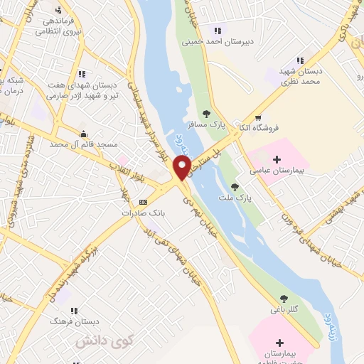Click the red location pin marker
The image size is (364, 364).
(182, 168)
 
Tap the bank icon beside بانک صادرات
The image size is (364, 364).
(142, 202)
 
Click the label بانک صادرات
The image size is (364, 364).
(143, 213)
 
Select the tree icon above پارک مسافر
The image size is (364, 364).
(206, 113)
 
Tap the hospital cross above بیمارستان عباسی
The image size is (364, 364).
(277, 159)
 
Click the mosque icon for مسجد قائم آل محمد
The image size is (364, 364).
(84, 134)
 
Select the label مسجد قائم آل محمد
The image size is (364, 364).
(89, 145)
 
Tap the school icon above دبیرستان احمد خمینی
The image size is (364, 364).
(218, 31)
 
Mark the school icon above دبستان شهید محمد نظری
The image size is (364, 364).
(300, 60)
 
